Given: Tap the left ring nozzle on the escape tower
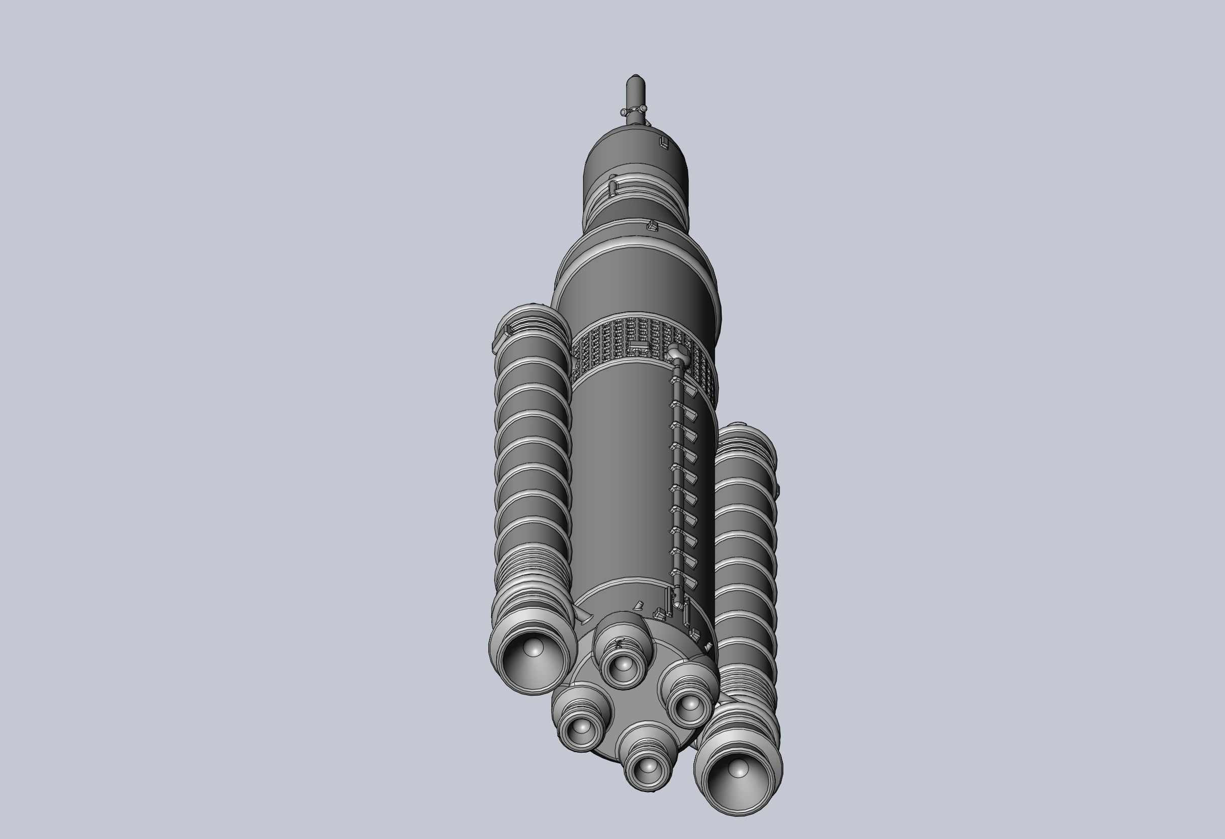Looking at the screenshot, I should [x=624, y=112].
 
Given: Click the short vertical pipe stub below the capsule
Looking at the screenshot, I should [x=613, y=186].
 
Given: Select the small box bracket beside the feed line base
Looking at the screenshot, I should [x=659, y=612].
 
